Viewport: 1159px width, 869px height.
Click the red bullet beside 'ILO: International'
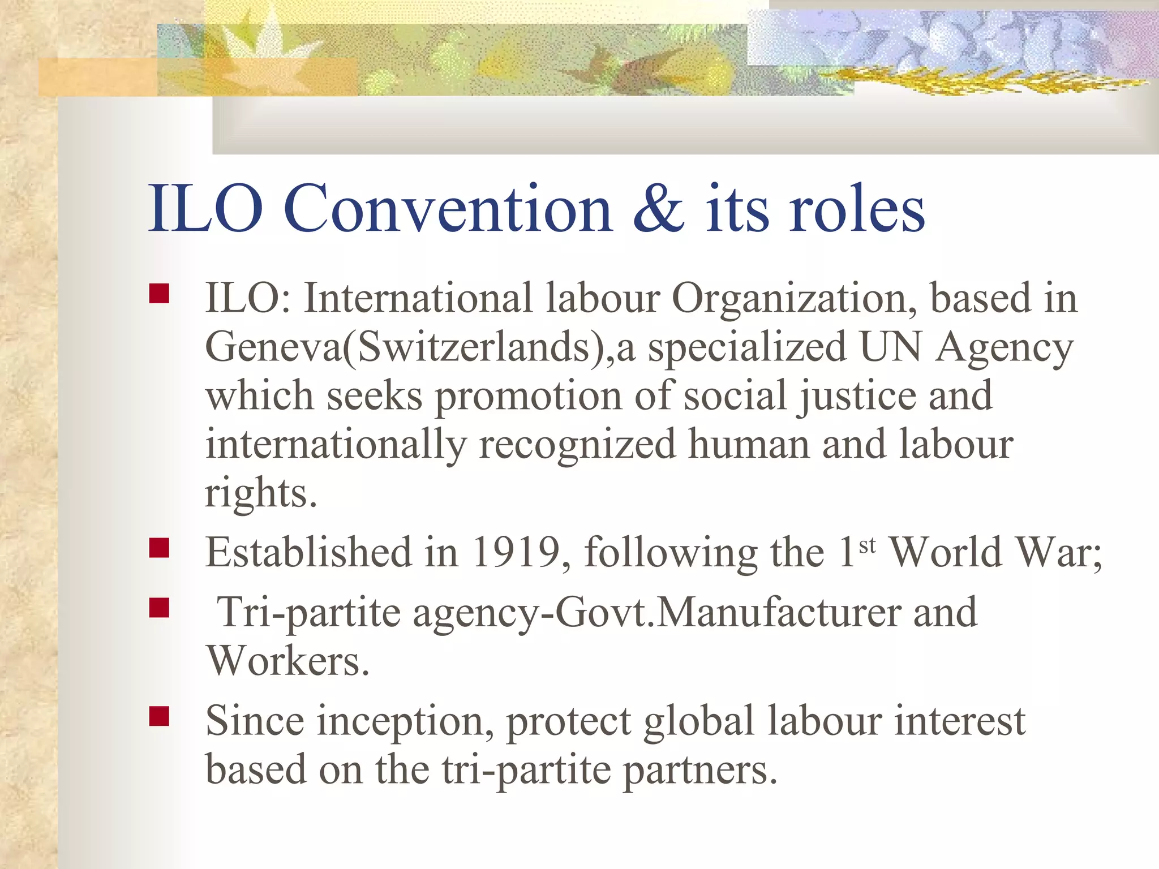point(160,294)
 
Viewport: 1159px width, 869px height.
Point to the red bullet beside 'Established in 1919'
point(160,548)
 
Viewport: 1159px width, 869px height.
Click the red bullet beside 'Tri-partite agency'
point(160,608)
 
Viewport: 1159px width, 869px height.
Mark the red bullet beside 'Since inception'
point(160,716)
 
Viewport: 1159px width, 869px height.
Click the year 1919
point(516,552)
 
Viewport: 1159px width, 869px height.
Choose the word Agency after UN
point(1004,347)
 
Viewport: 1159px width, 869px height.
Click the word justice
point(857,395)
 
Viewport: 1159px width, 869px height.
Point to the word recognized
point(577,445)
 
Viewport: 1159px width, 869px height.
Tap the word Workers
point(287,661)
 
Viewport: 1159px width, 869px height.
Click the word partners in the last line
point(701,770)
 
